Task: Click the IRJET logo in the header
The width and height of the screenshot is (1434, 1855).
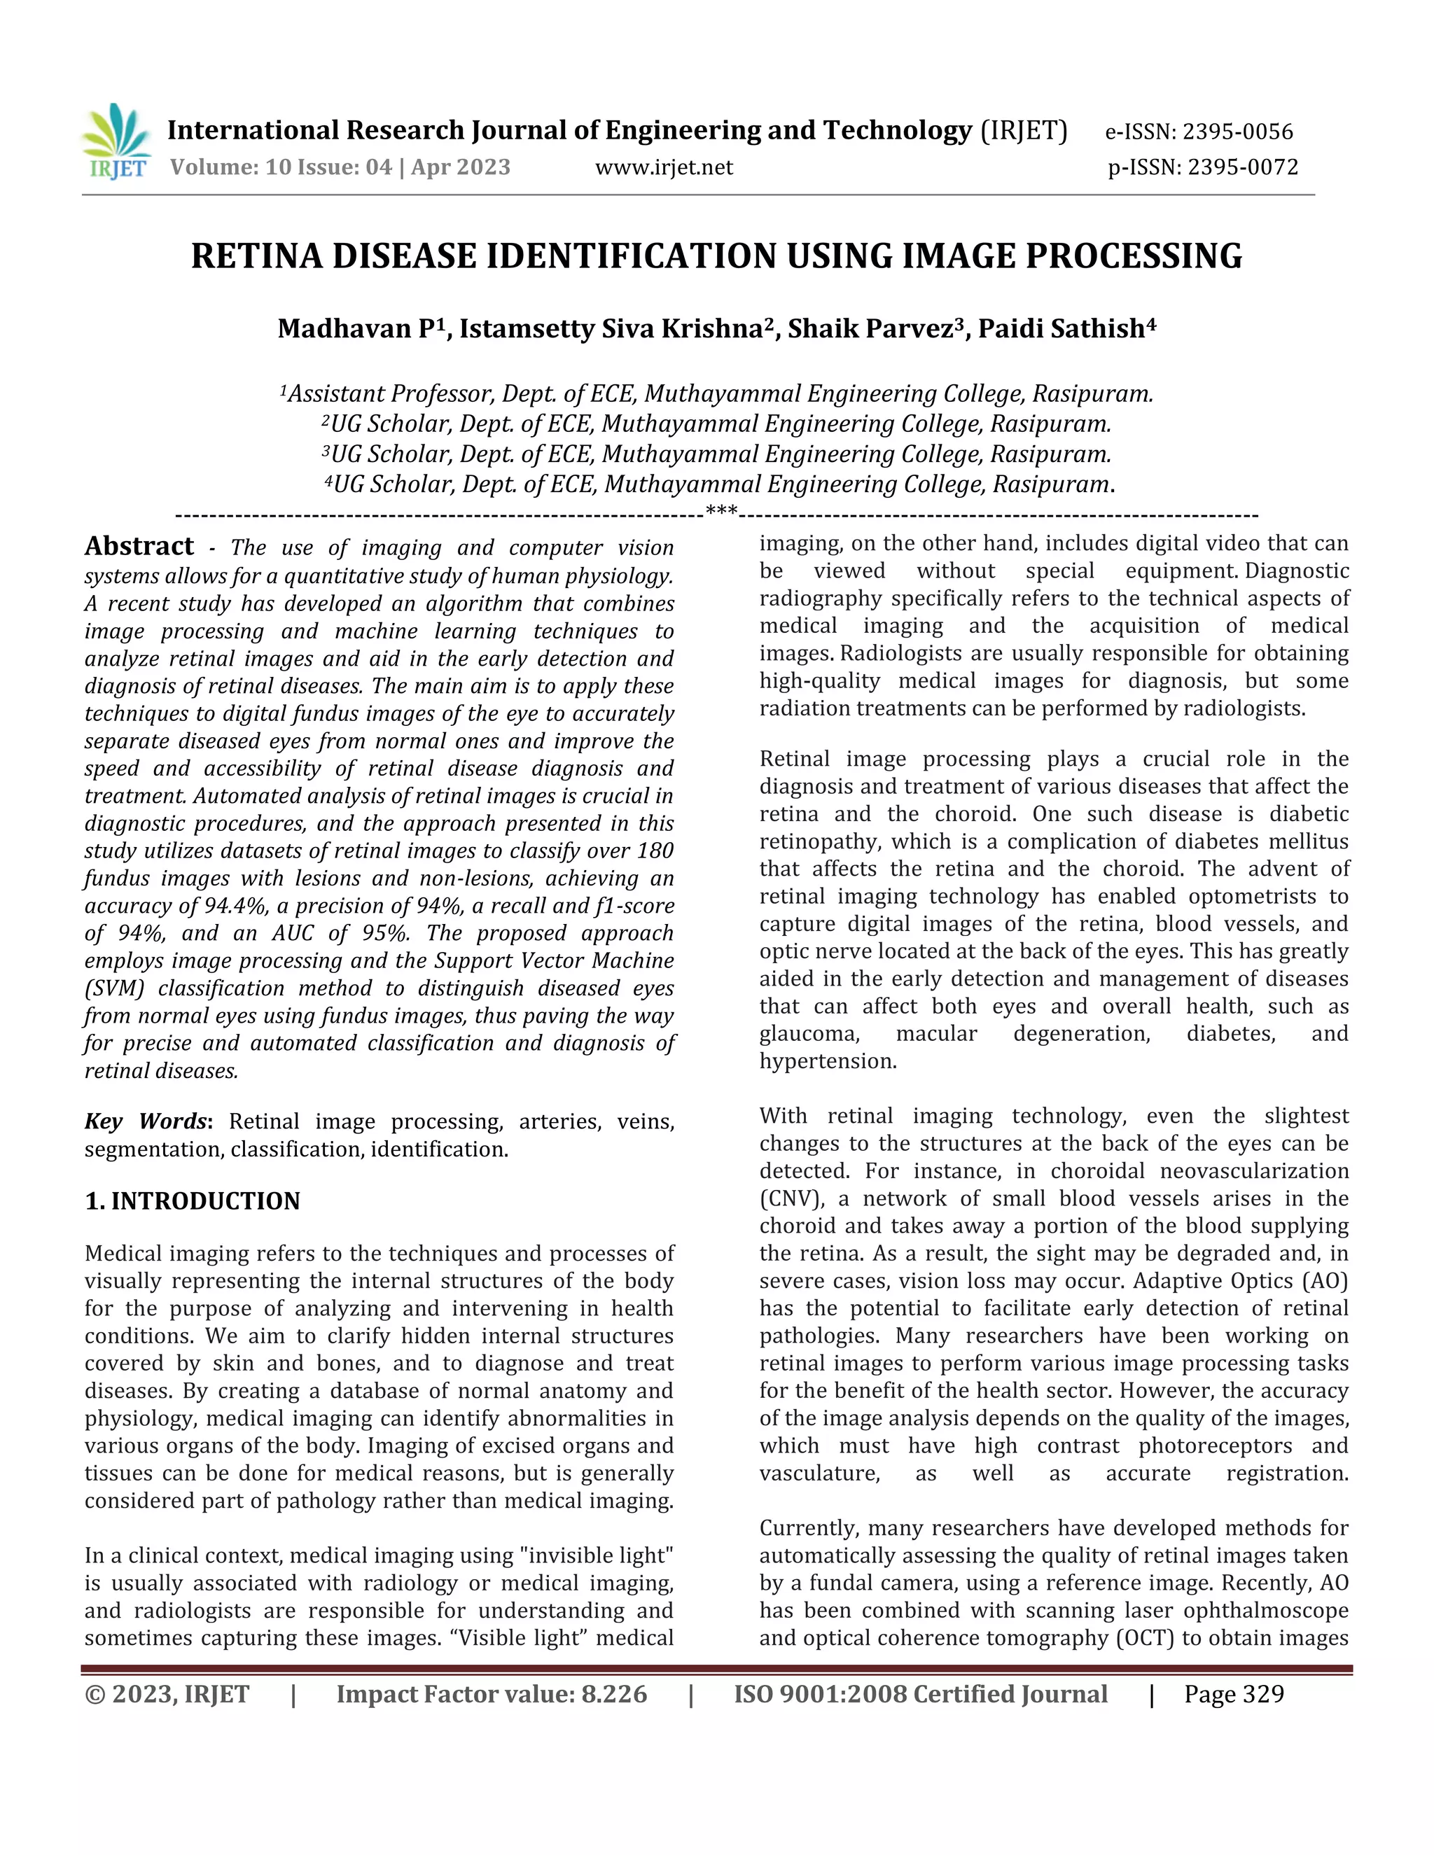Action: point(116,141)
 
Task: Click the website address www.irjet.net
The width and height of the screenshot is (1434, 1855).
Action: point(664,167)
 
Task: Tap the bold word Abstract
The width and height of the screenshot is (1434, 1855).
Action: point(139,546)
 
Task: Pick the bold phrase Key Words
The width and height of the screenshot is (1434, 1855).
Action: point(145,1121)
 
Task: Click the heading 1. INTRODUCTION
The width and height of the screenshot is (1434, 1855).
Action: point(192,1201)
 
